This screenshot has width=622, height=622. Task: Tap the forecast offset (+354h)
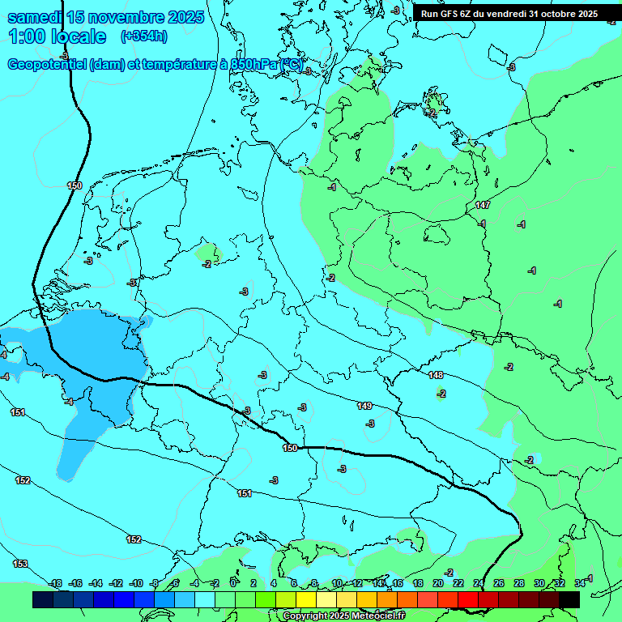143,36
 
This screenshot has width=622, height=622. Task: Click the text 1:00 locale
57,36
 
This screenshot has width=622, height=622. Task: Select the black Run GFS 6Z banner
509,13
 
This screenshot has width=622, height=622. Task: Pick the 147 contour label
483,206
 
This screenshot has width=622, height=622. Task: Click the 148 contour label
436,375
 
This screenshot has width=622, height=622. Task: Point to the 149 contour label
364,406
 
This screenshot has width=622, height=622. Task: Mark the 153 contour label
19,564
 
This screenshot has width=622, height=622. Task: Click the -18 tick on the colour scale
55,583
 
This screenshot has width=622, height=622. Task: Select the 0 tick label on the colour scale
233,583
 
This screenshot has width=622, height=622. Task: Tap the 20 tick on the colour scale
437,583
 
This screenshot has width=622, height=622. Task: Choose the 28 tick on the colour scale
518,583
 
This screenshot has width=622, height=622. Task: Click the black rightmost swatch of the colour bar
569,599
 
